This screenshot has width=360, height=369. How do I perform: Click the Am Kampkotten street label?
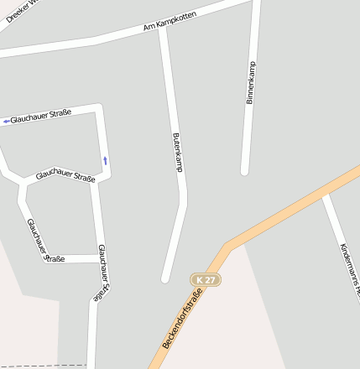169,23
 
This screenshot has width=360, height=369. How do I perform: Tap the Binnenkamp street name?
250,82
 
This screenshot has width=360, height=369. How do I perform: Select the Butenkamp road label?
178,152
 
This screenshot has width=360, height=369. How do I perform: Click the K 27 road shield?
205,279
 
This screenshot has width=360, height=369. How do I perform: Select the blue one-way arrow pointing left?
6,121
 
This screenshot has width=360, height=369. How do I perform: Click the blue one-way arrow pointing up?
105,159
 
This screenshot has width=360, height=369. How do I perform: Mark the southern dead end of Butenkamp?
165,278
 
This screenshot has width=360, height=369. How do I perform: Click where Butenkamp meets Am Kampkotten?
162,29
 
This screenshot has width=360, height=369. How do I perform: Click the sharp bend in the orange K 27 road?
227,247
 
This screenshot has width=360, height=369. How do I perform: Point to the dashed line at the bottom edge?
42,366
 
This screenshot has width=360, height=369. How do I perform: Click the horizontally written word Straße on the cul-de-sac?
55,258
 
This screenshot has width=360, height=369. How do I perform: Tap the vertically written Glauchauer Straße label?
102,272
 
